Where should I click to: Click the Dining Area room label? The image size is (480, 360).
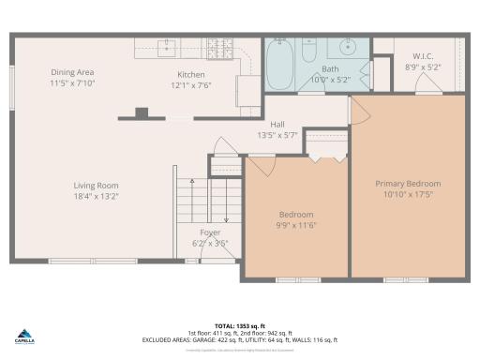pyautogui.click(x=72, y=72)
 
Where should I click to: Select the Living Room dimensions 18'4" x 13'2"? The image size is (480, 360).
pyautogui.click(x=97, y=196)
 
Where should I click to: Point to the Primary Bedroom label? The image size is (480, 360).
pyautogui.click(x=408, y=184)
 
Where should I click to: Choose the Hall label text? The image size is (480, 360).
pyautogui.click(x=277, y=124)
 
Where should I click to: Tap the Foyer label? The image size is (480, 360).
pyautogui.click(x=210, y=232)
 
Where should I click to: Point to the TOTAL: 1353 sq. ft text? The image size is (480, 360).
pyautogui.click(x=238, y=319)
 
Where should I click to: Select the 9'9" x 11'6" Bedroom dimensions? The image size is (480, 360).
pyautogui.click(x=296, y=225)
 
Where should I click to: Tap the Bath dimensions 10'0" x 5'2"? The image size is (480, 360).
pyautogui.click(x=330, y=80)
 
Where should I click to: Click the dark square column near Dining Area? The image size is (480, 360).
pyautogui.click(x=142, y=113)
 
